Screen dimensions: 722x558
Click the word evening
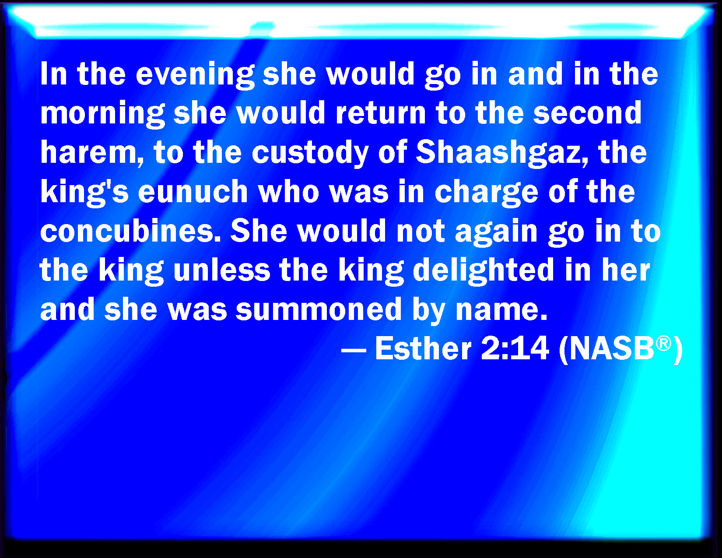195,75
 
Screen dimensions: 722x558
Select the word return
381,112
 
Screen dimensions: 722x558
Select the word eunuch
193,191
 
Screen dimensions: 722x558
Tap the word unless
222,270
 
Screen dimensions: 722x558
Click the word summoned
319,309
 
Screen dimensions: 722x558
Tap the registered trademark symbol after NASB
663,344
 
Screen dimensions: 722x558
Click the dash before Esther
354,350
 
